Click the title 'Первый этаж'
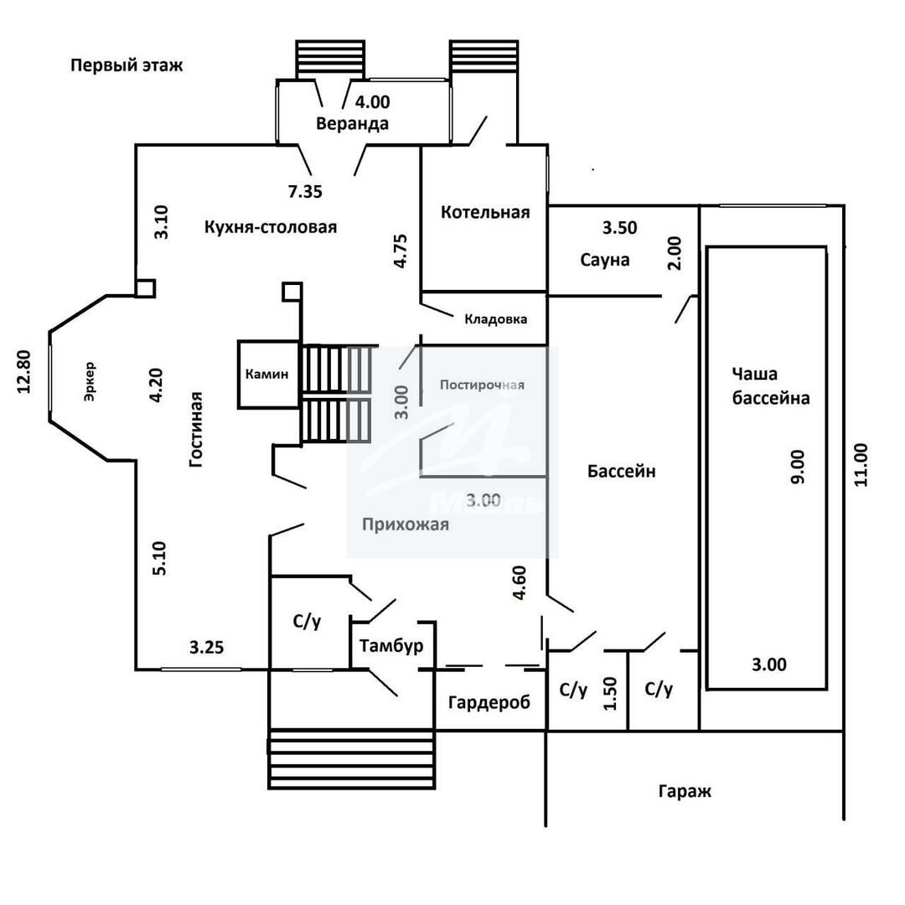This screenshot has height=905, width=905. [126, 65]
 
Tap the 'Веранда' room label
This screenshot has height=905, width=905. [352, 124]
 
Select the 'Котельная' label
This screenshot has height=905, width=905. [485, 212]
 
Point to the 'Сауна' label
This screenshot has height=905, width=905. [604, 260]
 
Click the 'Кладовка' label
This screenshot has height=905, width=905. [496, 319]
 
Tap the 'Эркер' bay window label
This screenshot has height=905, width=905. [90, 382]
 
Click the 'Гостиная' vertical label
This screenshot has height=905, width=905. [196, 428]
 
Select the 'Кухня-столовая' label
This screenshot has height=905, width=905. [270, 227]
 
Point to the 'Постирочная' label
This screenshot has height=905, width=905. [482, 385]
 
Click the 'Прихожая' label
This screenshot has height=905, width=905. [406, 525]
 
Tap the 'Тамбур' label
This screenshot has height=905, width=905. [390, 646]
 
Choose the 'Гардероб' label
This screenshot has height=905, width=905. [489, 702]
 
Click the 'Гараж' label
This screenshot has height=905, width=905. [685, 790]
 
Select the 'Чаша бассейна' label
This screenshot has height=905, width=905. [771, 385]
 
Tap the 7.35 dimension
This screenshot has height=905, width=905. [305, 192]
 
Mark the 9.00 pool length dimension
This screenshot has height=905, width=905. [797, 466]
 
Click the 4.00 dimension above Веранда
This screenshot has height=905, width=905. [373, 102]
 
